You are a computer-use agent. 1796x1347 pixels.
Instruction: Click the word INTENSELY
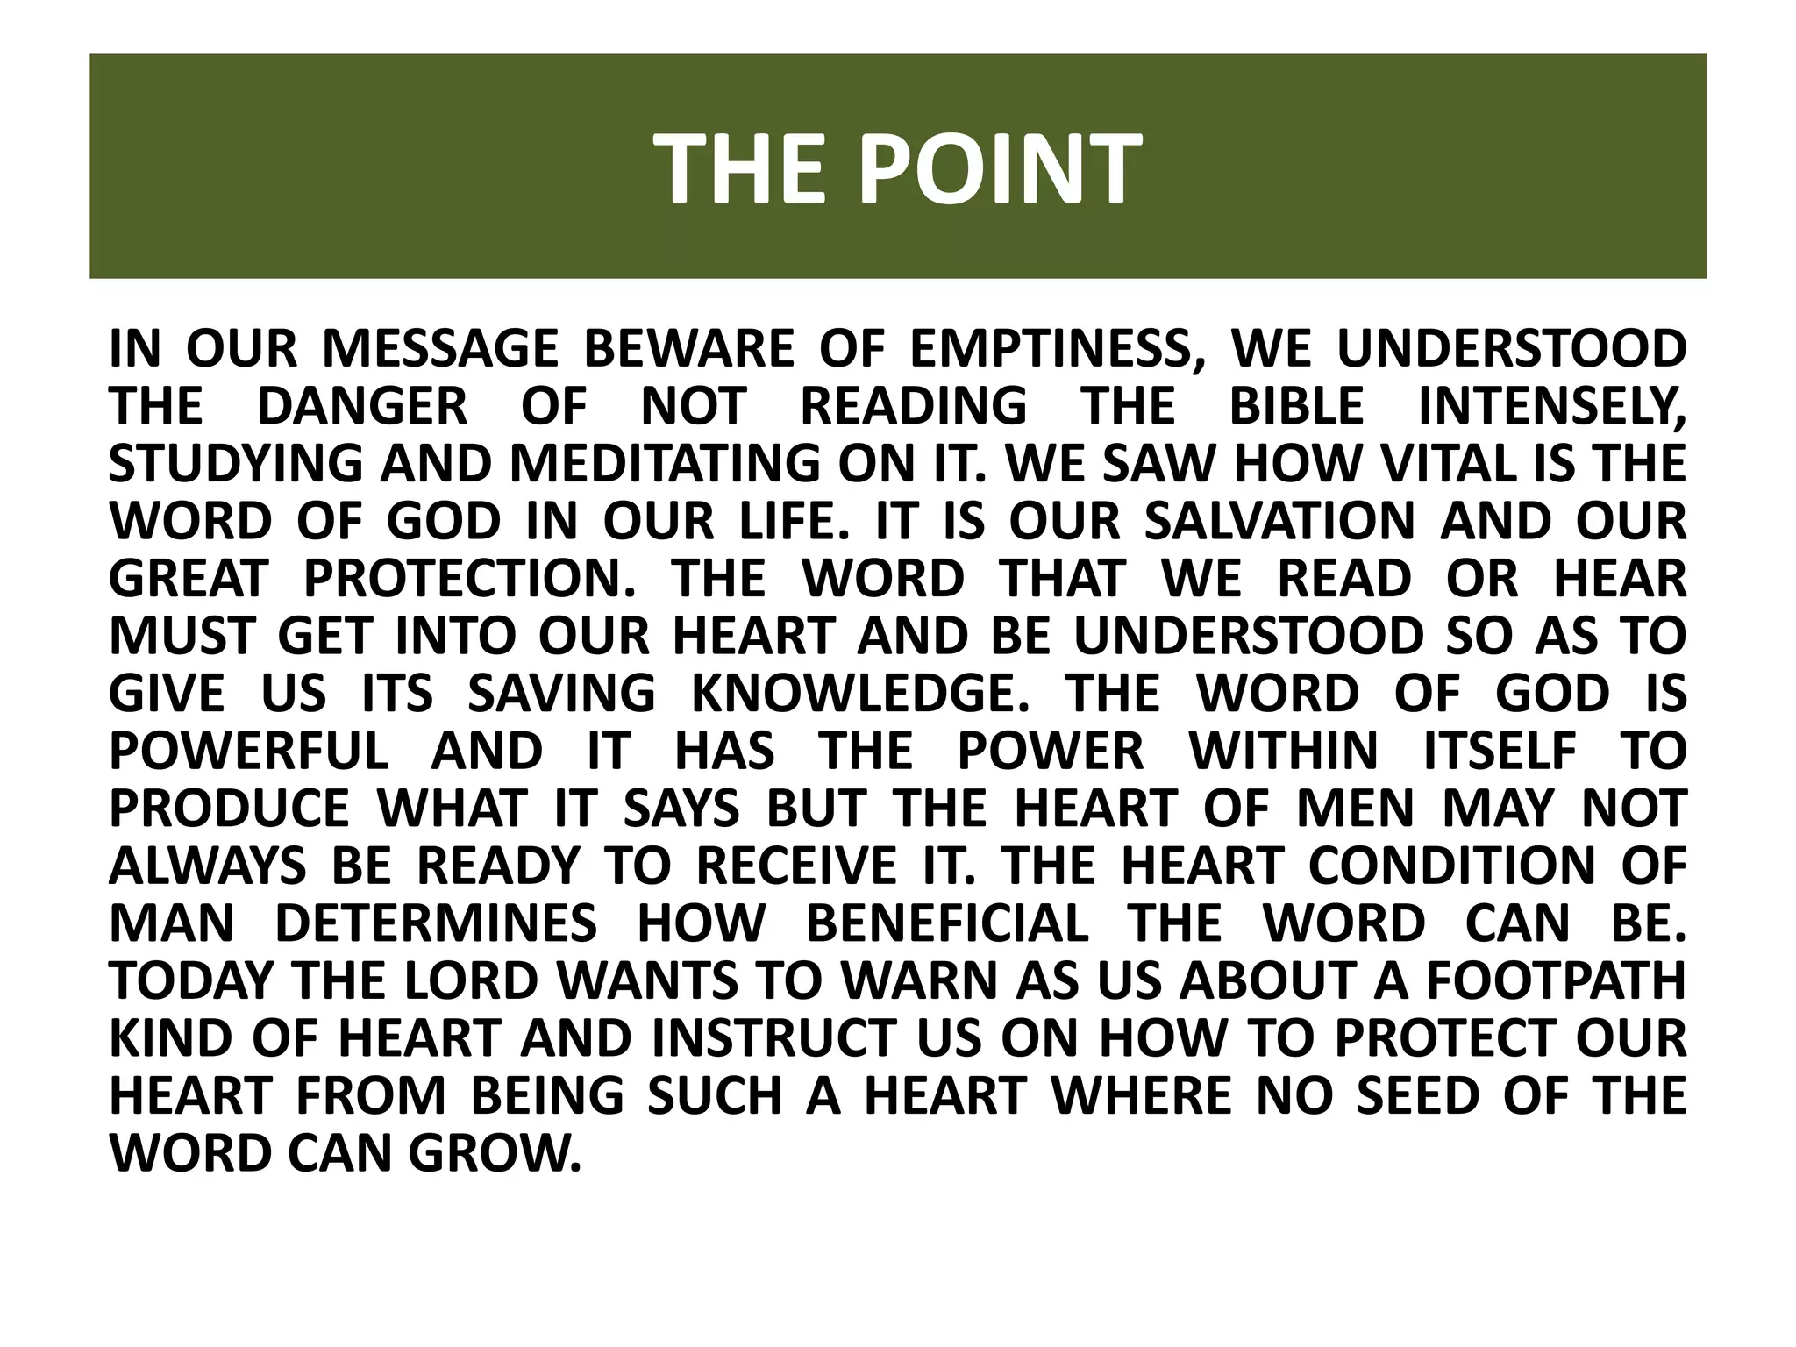pyautogui.click(x=1551, y=406)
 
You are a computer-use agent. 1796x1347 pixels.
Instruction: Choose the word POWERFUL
pyautogui.click(x=249, y=752)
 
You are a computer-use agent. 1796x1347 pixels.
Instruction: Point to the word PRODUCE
pyautogui.click(x=229, y=809)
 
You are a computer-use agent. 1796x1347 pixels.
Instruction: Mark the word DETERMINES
pyautogui.click(x=437, y=923)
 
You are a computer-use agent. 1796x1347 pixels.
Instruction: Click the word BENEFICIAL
pyautogui.click(x=947, y=923)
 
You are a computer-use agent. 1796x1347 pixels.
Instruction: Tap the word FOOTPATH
pyautogui.click(x=1556, y=981)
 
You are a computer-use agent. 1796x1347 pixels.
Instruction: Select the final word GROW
pyautogui.click(x=495, y=1153)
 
